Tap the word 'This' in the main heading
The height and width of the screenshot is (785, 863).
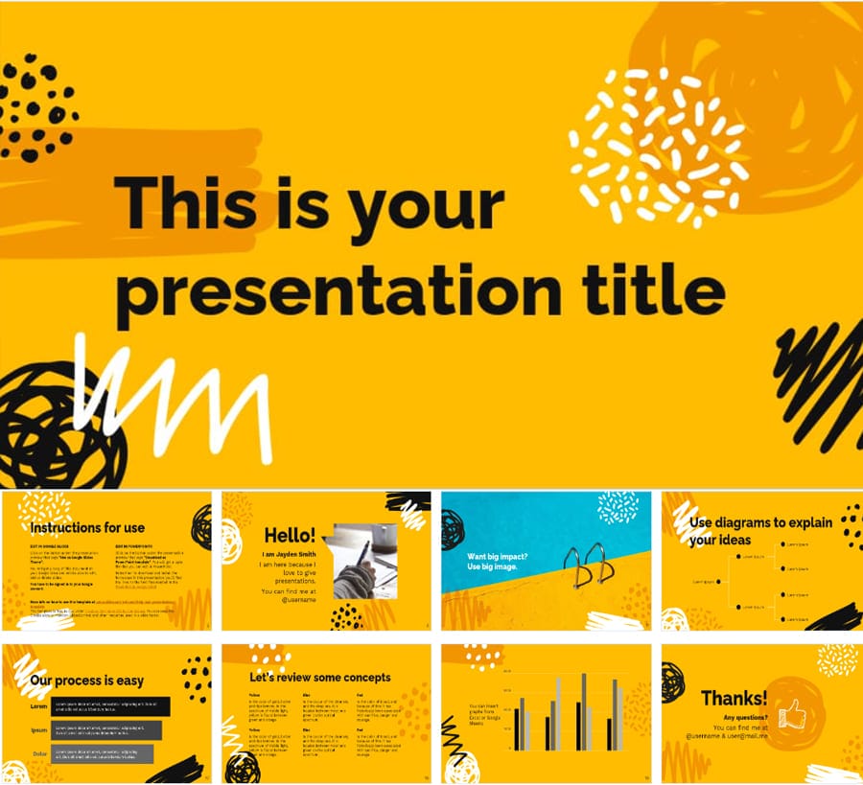(183, 205)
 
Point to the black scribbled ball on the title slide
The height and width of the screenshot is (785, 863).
(58, 427)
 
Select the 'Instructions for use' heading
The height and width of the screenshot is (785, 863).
(87, 527)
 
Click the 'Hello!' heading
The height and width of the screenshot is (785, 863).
(290, 536)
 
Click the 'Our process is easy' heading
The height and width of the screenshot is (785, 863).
(86, 681)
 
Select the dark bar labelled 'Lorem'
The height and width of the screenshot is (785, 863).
(110, 706)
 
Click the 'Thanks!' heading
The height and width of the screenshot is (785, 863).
(734, 698)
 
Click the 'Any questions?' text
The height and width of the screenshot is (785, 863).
(745, 717)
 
